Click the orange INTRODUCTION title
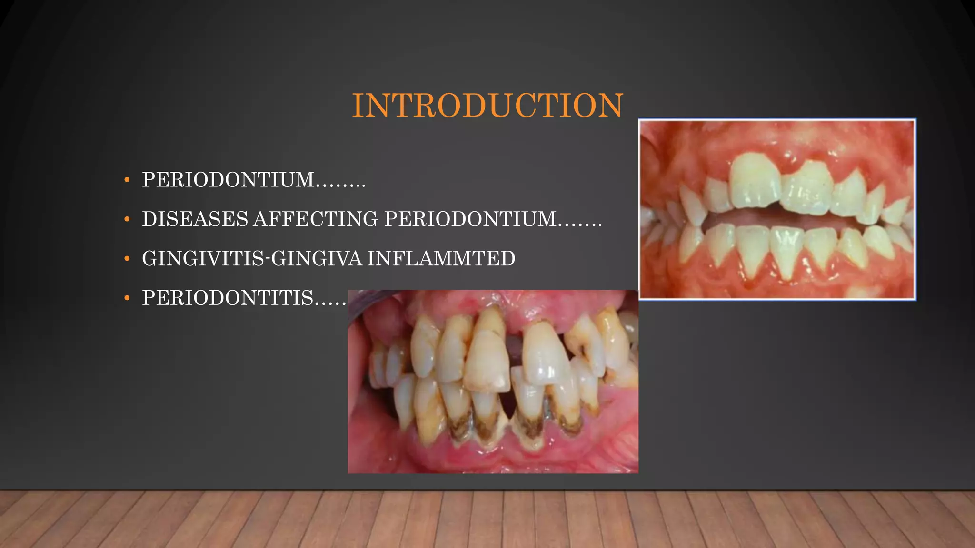[487, 105]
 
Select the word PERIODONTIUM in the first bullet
[228, 180]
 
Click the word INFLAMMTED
[441, 259]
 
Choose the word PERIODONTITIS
[228, 298]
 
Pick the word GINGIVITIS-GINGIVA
[252, 259]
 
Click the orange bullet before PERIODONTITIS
[127, 298]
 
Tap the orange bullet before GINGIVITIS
[127, 259]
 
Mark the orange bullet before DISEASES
[127, 219]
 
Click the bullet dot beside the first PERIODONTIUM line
[127, 180]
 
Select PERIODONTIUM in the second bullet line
[470, 219]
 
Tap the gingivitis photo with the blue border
[777, 209]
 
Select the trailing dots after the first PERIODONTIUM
[340, 185]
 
